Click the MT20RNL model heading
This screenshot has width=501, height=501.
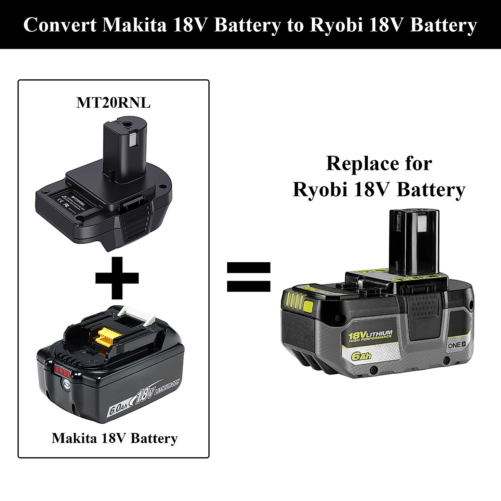113,103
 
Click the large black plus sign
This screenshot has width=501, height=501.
117,277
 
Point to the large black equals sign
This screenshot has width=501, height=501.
249,277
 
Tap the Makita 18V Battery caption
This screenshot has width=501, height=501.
115,438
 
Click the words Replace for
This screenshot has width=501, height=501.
379,163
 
